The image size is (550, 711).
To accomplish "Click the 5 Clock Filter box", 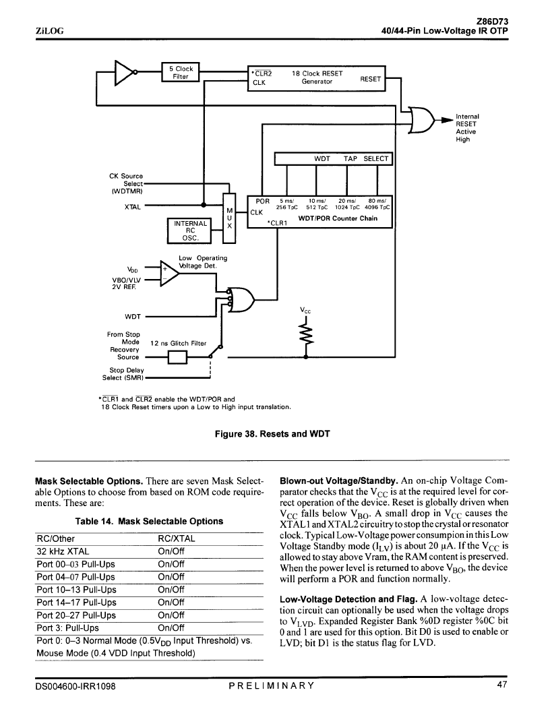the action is (181, 72).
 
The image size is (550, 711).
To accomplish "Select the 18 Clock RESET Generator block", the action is (317, 78).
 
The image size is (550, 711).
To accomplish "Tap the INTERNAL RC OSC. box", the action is (190, 230).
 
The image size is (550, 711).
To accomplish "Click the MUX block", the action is (229, 218).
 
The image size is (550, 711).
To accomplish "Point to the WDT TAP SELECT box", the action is (333, 158).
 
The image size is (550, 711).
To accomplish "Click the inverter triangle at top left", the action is (123, 73).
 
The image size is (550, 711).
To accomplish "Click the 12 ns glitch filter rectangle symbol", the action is (177, 358).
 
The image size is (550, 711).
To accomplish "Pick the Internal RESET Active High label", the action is (467, 128).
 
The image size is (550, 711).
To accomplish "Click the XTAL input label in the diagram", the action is (132, 207).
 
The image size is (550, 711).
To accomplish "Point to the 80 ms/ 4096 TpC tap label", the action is (377, 204).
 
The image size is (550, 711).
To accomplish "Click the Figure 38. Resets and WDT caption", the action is (272, 434).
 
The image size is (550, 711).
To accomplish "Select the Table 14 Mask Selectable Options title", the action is (149, 521).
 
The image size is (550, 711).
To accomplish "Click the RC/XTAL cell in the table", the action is (177, 538).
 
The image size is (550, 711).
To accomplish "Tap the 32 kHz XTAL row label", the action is (63, 551).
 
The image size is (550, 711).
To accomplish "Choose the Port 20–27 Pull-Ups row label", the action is (76, 615).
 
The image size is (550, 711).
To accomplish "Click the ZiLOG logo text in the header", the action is (49, 31).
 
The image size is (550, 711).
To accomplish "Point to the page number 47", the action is (502, 685).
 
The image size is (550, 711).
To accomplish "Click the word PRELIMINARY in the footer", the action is (272, 685).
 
